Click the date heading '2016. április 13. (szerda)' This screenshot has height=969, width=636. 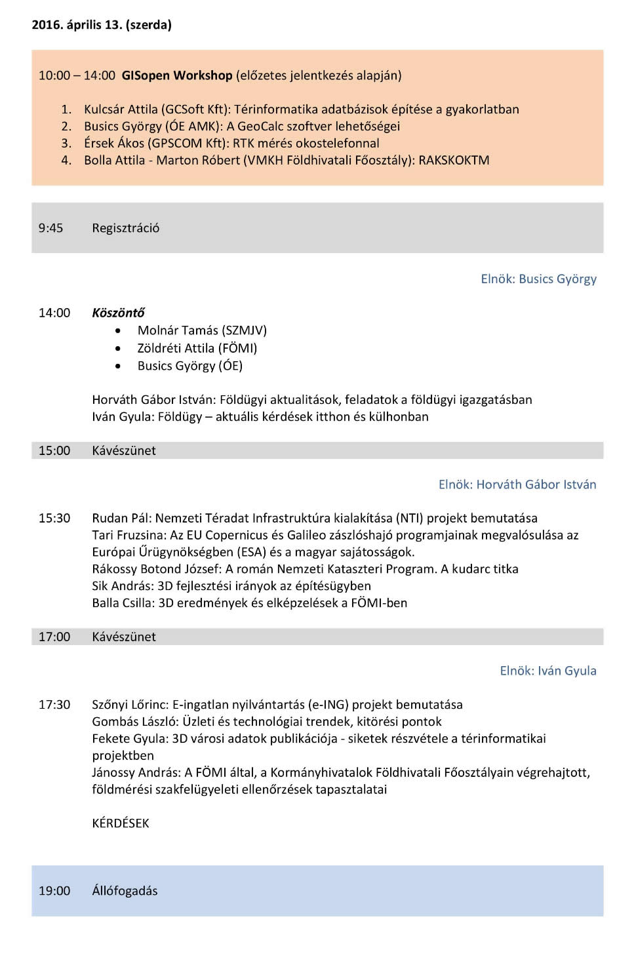[x=102, y=25]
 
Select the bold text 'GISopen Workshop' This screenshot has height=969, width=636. [x=177, y=75]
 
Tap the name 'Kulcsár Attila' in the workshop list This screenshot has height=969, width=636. [x=121, y=109]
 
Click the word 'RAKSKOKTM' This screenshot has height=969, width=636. [x=454, y=161]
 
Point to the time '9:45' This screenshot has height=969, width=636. [x=50, y=228]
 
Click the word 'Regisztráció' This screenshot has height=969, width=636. [x=125, y=228]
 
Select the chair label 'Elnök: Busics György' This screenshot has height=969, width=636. [x=538, y=279]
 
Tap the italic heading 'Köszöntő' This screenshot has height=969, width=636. [x=118, y=313]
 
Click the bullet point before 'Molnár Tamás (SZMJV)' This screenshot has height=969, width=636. [x=118, y=331]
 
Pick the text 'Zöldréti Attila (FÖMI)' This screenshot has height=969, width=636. [x=197, y=348]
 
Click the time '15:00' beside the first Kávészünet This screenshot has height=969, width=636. [x=54, y=451]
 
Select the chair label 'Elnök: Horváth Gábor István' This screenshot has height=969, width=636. [x=517, y=484]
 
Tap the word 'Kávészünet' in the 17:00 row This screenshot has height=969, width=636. [x=124, y=637]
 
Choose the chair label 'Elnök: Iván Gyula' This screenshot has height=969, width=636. [x=548, y=671]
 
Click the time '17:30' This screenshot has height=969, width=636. [x=54, y=705]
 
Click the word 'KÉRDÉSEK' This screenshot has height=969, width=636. [x=121, y=823]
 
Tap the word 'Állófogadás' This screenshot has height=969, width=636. [x=125, y=891]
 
